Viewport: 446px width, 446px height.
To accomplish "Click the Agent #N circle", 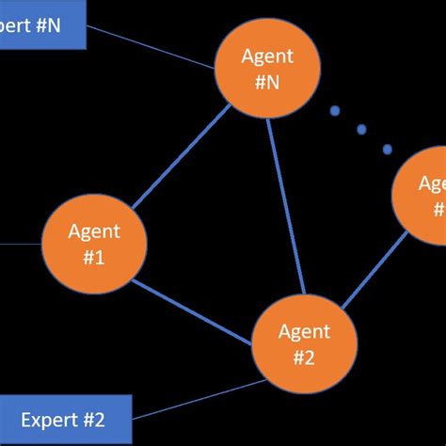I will point(266,68).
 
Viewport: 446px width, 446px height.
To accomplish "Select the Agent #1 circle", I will point(94,243).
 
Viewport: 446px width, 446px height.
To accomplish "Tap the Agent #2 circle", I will point(304,343).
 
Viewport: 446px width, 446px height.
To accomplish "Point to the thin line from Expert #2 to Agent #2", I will point(198,400).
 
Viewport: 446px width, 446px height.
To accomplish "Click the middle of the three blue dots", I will point(361,130).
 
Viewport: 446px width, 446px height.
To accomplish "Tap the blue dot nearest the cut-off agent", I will point(387,149).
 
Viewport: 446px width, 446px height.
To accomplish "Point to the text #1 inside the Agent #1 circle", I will point(94,256).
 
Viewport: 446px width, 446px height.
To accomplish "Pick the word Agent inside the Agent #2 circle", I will point(304,331).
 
